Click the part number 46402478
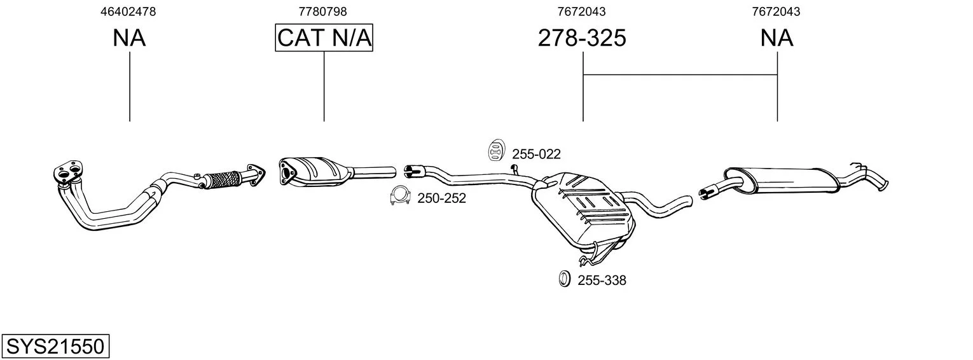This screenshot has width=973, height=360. coord(128,11)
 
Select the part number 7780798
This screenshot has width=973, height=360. coord(322,11)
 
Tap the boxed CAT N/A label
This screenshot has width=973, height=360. coord(324,38)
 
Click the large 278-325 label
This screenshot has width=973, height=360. coord(582,38)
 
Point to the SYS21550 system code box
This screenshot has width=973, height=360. coord(55,347)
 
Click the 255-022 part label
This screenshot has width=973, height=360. coord(537,154)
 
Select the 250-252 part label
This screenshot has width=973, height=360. coord(442,198)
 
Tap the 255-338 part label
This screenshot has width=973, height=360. coord(602,280)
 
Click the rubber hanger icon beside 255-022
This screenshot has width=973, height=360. coord(495,150)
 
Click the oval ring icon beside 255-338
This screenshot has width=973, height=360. coord(564,279)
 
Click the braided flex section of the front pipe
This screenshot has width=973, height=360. coord(223,180)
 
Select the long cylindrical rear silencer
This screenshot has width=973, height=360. coord(782,179)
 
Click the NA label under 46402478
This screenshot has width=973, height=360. coord(129,38)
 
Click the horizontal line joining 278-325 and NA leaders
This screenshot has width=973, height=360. coord(680,74)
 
